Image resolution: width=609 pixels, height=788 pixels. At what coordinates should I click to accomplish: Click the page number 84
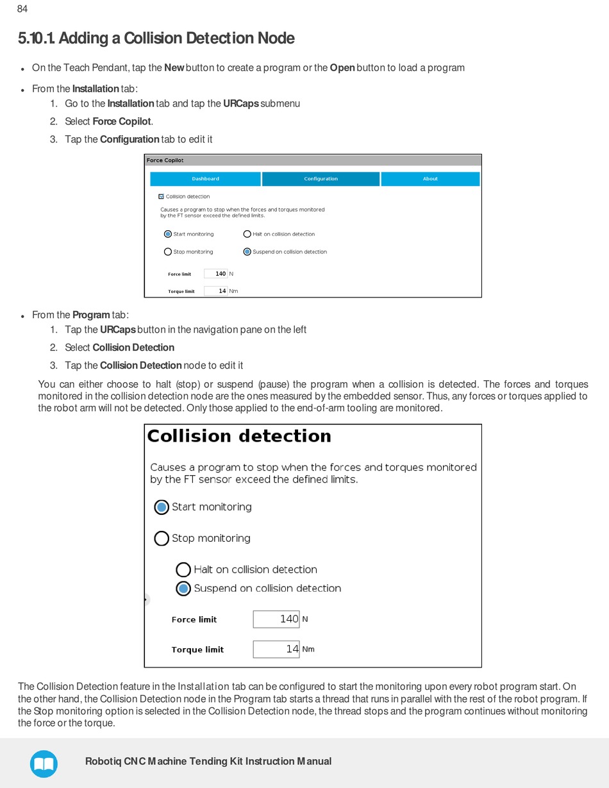pyautogui.click(x=22, y=9)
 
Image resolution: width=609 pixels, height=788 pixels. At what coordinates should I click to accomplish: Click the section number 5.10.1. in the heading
pyautogui.click(x=37, y=38)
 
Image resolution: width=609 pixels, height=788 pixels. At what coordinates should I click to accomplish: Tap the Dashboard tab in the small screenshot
pyautogui.click(x=205, y=179)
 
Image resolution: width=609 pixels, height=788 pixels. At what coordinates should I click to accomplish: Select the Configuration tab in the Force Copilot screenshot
pyautogui.click(x=321, y=179)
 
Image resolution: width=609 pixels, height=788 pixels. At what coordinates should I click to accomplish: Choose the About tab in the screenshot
pyautogui.click(x=430, y=179)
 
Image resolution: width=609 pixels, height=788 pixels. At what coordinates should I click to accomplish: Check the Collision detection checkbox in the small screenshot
pyautogui.click(x=161, y=197)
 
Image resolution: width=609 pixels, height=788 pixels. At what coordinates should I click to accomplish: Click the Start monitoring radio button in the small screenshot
pyautogui.click(x=168, y=234)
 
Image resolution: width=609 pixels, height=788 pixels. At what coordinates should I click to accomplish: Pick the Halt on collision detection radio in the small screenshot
pyautogui.click(x=247, y=234)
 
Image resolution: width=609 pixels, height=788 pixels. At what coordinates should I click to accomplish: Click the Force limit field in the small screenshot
pyautogui.click(x=216, y=274)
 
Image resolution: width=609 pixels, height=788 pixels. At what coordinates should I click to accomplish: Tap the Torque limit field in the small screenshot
pyautogui.click(x=216, y=291)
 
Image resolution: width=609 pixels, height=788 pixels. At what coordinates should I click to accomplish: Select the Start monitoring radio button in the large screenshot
pyautogui.click(x=162, y=507)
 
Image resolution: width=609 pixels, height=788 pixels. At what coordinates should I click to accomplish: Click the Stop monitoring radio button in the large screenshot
pyautogui.click(x=162, y=539)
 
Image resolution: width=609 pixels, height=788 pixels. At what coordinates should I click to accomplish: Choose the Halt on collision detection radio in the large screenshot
pyautogui.click(x=183, y=569)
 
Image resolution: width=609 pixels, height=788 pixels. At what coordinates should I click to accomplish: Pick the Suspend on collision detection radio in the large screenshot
pyautogui.click(x=183, y=589)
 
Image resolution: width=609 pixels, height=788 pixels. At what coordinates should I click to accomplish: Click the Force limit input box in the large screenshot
pyautogui.click(x=276, y=619)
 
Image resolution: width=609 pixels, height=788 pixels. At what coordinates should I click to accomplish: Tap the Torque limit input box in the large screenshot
pyautogui.click(x=276, y=650)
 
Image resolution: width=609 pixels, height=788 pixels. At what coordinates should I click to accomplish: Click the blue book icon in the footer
pyautogui.click(x=44, y=764)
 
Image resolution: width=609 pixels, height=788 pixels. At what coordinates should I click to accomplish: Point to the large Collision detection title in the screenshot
pyautogui.click(x=239, y=437)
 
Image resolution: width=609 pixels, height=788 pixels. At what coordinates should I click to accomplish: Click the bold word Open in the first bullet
pyautogui.click(x=342, y=68)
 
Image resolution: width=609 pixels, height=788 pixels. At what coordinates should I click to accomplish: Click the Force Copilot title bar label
pyautogui.click(x=165, y=160)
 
